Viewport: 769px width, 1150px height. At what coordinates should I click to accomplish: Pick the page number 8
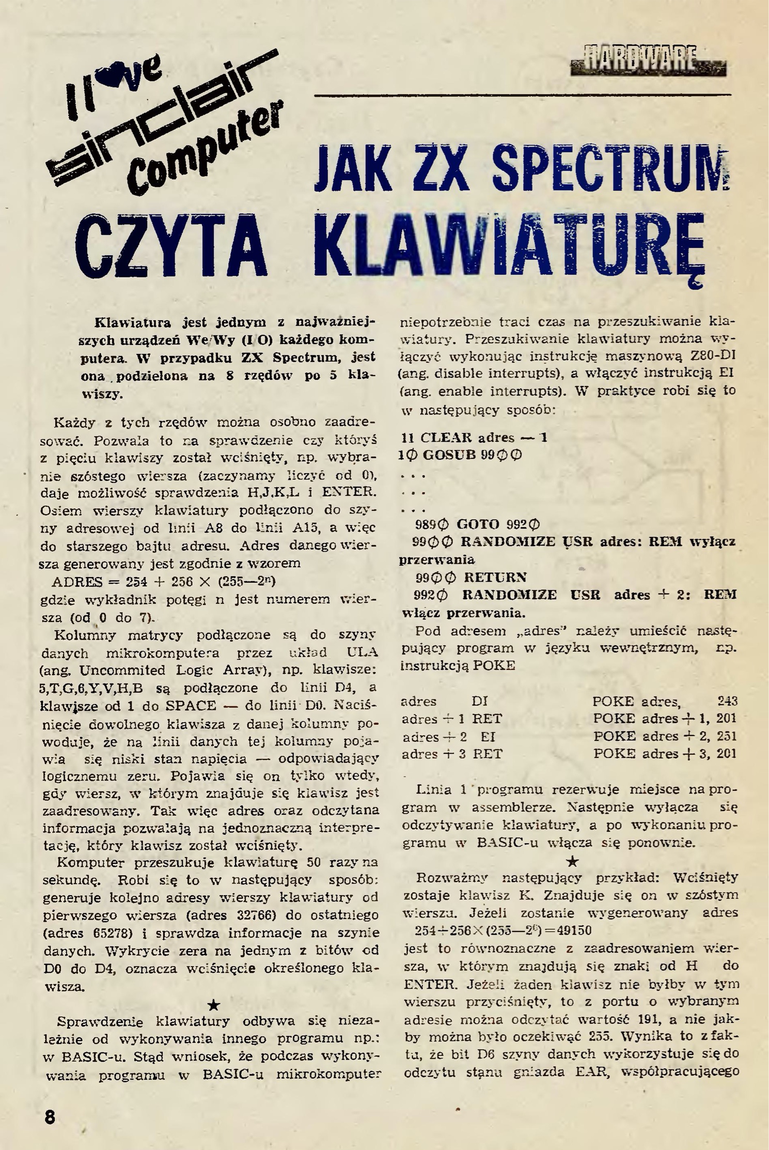click(50, 1116)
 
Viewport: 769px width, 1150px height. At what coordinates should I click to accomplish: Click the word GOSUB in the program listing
click(458, 456)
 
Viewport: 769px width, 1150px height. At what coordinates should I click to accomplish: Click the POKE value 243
click(727, 701)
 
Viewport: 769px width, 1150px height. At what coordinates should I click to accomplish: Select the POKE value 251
click(727, 736)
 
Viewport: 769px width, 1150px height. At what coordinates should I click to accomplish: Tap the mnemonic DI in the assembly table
click(480, 701)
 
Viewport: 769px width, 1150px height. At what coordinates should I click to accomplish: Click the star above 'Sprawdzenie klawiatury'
click(214, 1004)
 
